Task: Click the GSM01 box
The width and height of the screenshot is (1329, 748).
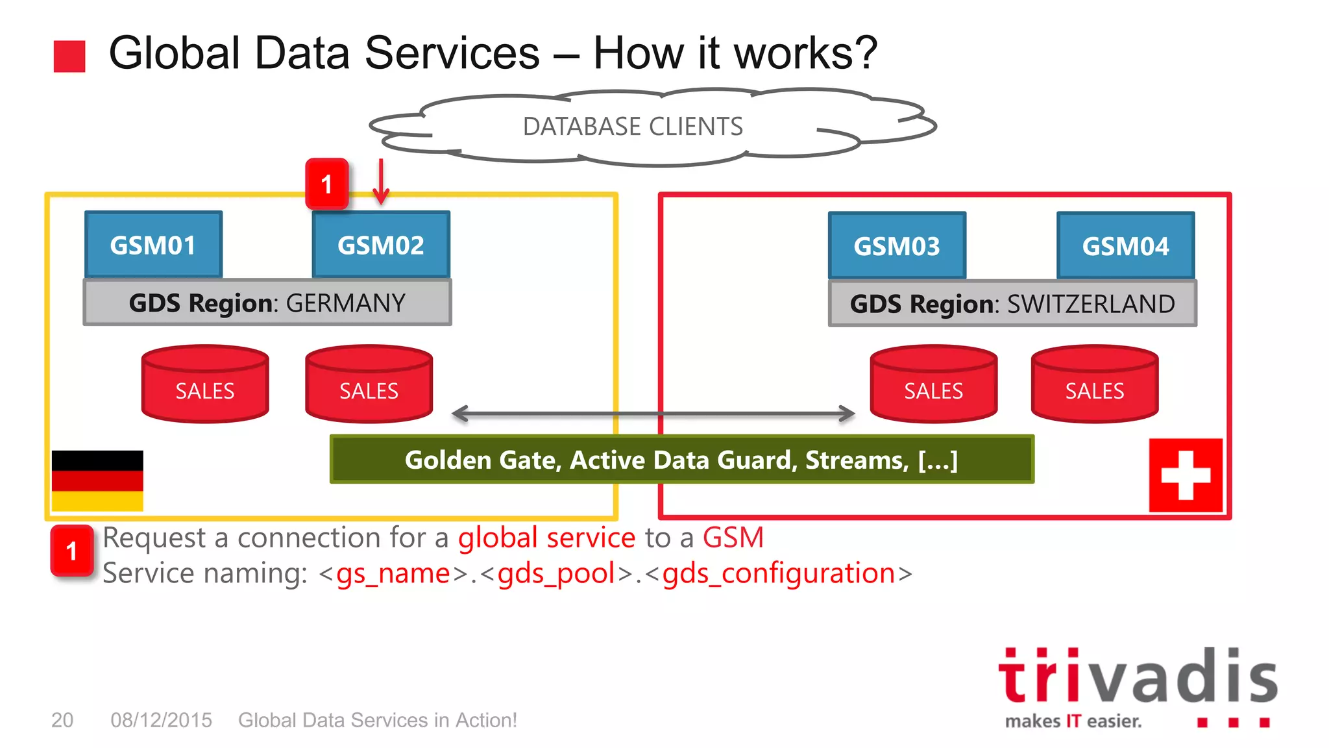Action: (153, 245)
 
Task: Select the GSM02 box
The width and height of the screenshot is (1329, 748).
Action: (381, 245)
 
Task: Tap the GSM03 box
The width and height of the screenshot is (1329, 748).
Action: (897, 245)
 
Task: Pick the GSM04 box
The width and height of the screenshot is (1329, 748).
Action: (1125, 245)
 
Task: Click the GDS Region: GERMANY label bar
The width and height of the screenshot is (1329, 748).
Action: (267, 303)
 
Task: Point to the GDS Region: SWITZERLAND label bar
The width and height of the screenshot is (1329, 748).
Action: (1012, 303)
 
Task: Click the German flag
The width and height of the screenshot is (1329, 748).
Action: (97, 480)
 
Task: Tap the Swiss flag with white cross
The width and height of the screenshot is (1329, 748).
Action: (1186, 475)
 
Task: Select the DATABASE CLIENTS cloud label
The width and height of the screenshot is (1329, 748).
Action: (633, 126)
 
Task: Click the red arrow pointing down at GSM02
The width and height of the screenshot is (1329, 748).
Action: (381, 181)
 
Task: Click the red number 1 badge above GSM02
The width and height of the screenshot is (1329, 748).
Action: (327, 184)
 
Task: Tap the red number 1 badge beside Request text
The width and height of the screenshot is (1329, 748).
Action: (72, 551)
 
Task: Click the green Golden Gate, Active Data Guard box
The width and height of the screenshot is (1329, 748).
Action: (681, 459)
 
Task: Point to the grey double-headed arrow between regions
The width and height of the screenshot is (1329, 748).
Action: (653, 413)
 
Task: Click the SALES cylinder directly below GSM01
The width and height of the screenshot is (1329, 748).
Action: (205, 384)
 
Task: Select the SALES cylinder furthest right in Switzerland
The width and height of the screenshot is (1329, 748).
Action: (1094, 384)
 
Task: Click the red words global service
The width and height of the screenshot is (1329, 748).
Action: (546, 538)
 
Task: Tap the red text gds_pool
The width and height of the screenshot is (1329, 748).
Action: (556, 573)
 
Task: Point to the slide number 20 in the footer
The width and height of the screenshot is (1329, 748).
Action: (62, 719)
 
